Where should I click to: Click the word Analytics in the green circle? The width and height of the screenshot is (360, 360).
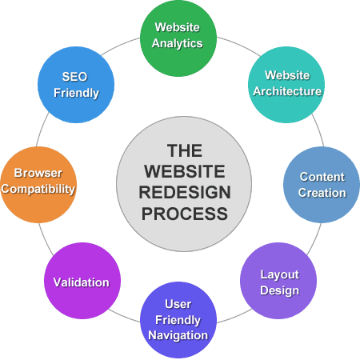(178, 44)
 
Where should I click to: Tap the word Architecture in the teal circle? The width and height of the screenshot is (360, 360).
(287, 91)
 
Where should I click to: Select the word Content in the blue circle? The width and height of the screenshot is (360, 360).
(322, 177)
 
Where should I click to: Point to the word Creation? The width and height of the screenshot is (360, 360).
(322, 193)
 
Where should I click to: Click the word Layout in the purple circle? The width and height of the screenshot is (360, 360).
(280, 275)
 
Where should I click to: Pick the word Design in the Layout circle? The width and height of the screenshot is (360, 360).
(280, 290)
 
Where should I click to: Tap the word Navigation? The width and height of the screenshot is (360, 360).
(178, 335)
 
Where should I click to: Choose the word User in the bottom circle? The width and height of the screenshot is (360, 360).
(178, 304)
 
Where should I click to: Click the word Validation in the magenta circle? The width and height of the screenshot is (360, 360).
(82, 282)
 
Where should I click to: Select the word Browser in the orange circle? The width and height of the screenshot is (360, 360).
(38, 173)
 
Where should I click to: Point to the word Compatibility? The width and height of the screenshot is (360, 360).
(38, 190)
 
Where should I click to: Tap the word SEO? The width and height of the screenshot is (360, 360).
(74, 77)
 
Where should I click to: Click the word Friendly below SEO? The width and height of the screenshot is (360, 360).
(76, 94)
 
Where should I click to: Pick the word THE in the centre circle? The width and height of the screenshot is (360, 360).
(185, 150)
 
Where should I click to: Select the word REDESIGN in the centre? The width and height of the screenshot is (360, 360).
(185, 193)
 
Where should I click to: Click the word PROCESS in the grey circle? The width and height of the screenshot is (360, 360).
(185, 214)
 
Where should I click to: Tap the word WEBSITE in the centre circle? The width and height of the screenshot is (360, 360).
(185, 171)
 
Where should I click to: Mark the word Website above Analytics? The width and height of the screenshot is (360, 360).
(178, 27)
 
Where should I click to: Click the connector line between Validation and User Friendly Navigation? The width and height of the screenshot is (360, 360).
(124, 316)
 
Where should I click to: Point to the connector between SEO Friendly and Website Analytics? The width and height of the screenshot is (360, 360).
(120, 46)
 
